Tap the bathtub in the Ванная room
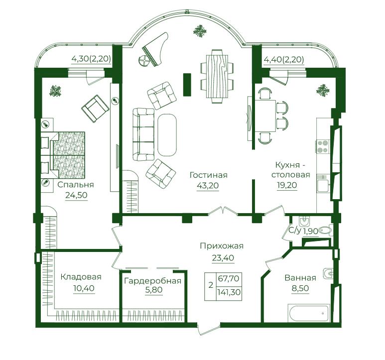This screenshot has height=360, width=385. point(309,313)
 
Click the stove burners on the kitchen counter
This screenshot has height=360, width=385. point(322,146)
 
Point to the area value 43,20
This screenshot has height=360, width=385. point(208,186)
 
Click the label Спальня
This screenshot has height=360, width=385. point(76,185)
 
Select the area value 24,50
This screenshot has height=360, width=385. point(76,195)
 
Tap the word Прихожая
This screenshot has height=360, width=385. point(222,246)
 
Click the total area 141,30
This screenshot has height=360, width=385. point(229,292)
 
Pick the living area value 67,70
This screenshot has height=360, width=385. point(229,279)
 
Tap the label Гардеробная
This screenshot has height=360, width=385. point(153,281)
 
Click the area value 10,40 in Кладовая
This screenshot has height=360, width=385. point(84,288)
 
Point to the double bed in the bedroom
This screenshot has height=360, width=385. point(63,155)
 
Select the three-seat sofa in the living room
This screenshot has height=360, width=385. point(143,134)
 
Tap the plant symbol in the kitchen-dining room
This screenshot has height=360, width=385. point(323,91)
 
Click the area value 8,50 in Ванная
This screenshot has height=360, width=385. point(300,288)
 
